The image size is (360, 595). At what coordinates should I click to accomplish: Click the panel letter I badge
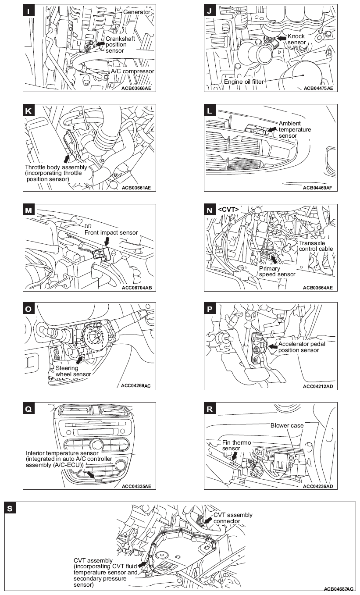tap(29, 11)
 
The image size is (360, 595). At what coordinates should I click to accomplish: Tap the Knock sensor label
tap(296, 39)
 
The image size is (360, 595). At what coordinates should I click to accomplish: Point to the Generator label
tap(136, 12)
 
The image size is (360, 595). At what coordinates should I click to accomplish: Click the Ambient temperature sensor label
tap(295, 129)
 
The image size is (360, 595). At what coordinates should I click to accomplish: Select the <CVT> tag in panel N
tap(228, 210)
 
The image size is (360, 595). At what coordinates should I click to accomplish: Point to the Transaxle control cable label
tap(316, 246)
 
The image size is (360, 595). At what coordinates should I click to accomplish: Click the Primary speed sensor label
tap(277, 271)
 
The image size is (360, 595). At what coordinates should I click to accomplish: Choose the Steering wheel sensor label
tap(73, 371)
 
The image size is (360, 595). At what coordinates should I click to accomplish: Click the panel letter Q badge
tap(29, 409)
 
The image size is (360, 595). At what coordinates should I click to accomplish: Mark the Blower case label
tap(287, 425)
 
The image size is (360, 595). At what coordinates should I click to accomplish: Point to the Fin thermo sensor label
tap(231, 445)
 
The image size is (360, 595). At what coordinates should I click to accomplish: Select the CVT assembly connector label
tap(233, 518)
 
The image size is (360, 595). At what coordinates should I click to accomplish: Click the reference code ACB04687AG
tap(339, 588)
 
